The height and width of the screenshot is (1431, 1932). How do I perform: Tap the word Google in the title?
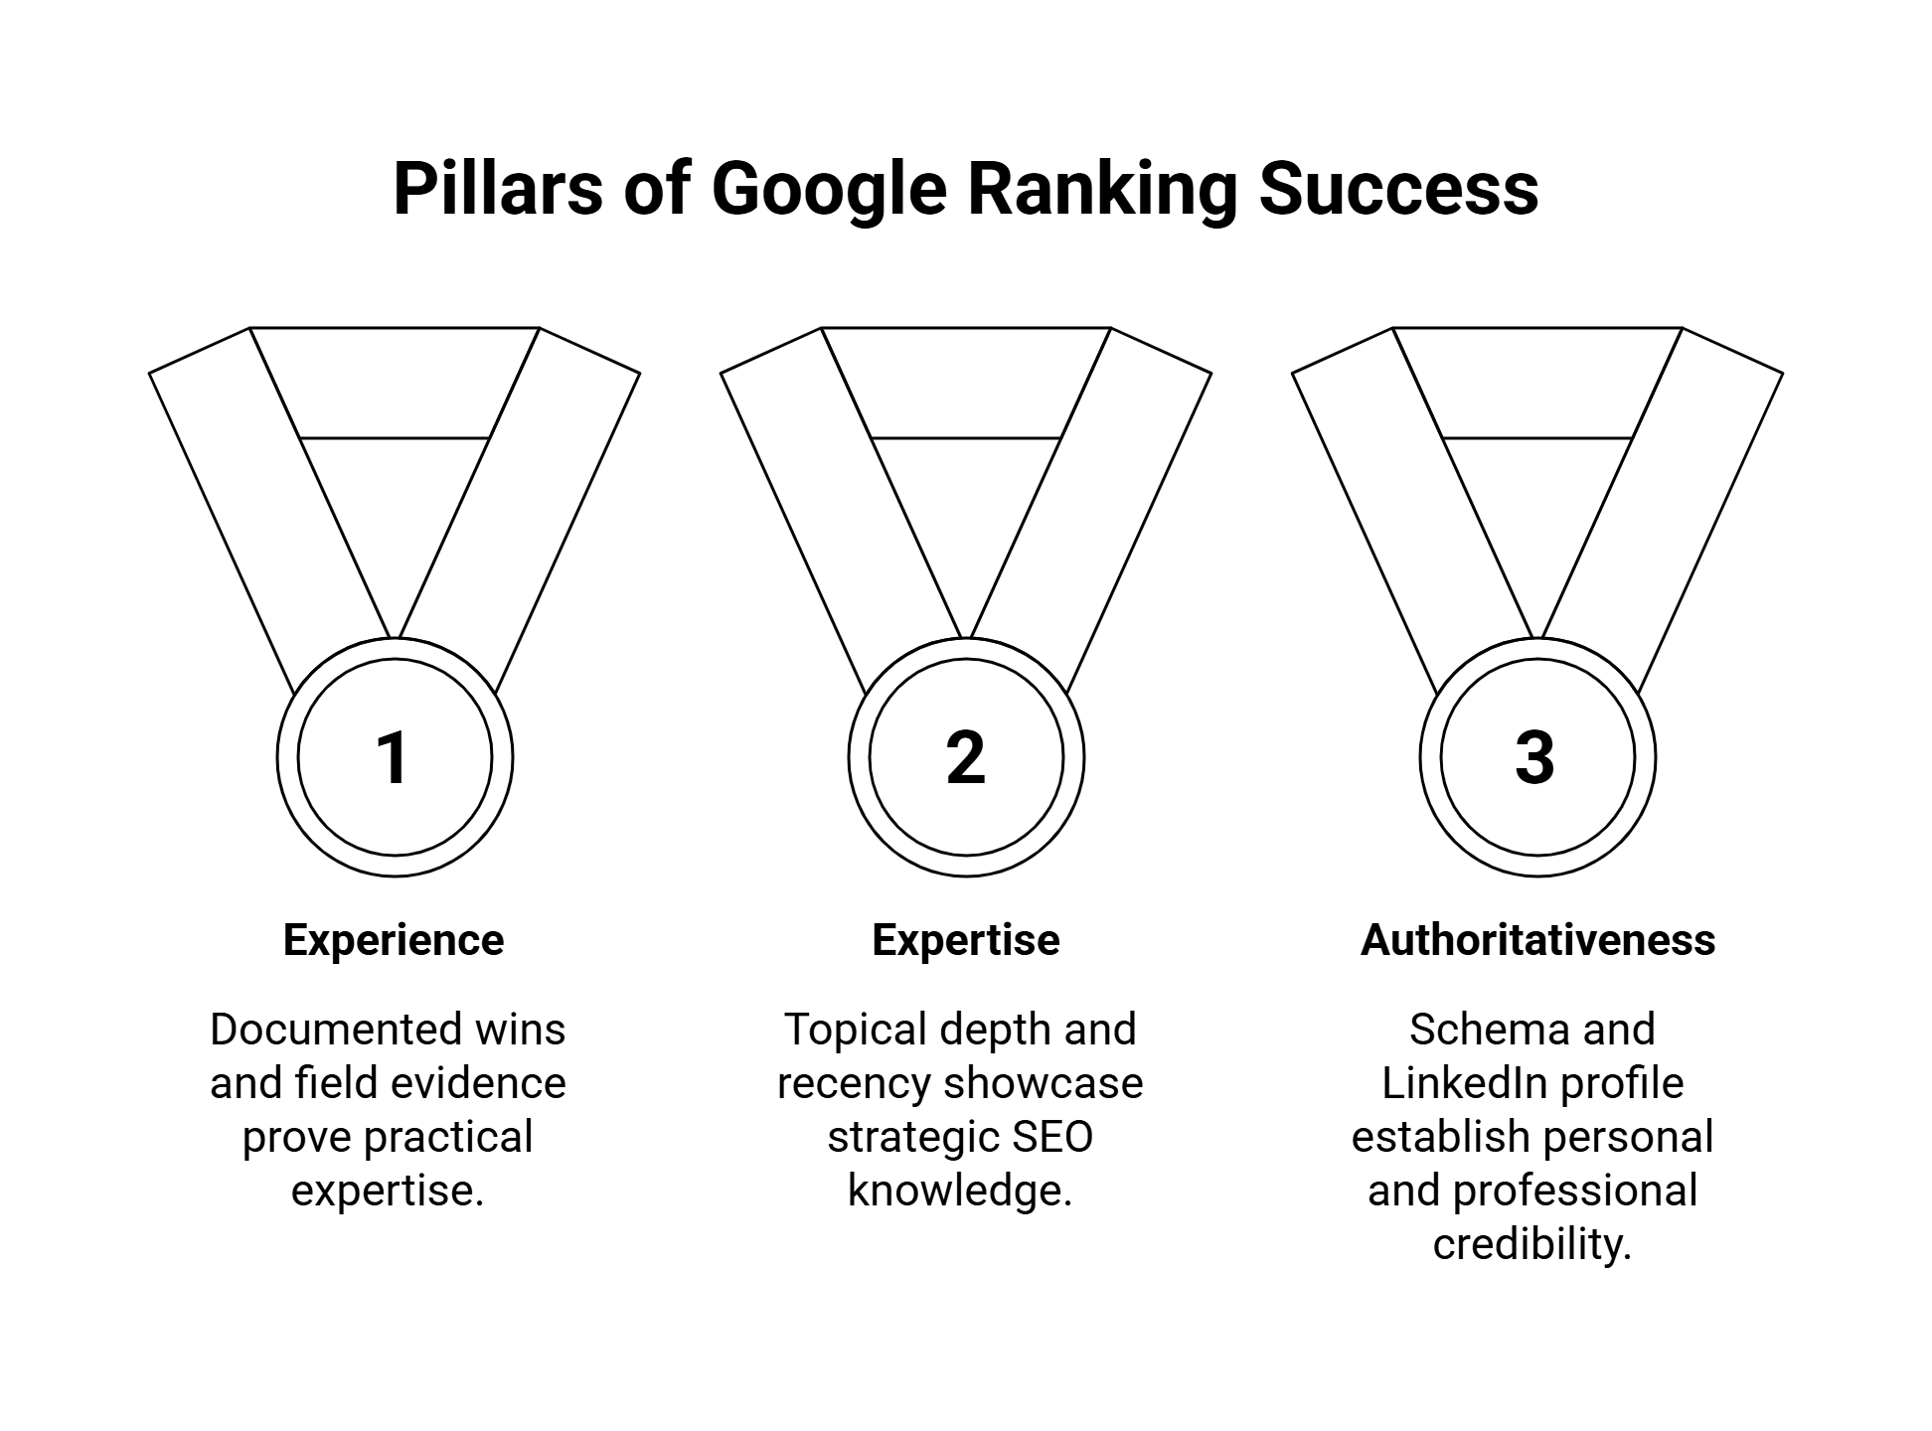click(829, 189)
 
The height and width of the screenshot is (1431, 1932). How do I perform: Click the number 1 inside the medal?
click(394, 758)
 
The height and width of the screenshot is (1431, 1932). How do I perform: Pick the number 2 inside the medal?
click(965, 758)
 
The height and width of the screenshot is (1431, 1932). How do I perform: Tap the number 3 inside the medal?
click(1535, 758)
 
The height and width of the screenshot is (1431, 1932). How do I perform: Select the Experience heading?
click(394, 940)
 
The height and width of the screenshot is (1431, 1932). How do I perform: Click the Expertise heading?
click(965, 940)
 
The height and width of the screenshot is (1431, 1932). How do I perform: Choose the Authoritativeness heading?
click(1537, 940)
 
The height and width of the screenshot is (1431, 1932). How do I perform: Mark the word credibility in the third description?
click(1531, 1244)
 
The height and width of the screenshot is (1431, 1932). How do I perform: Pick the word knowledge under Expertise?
click(959, 1191)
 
